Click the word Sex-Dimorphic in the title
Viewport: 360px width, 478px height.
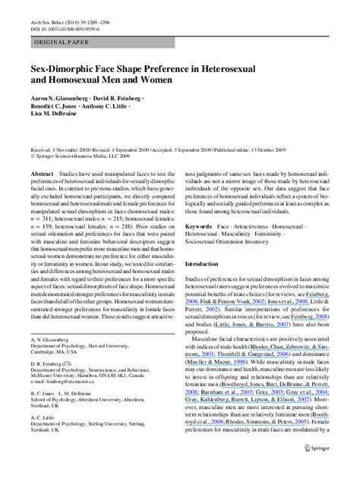(x=68, y=68)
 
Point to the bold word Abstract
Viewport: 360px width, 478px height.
(x=42, y=174)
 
